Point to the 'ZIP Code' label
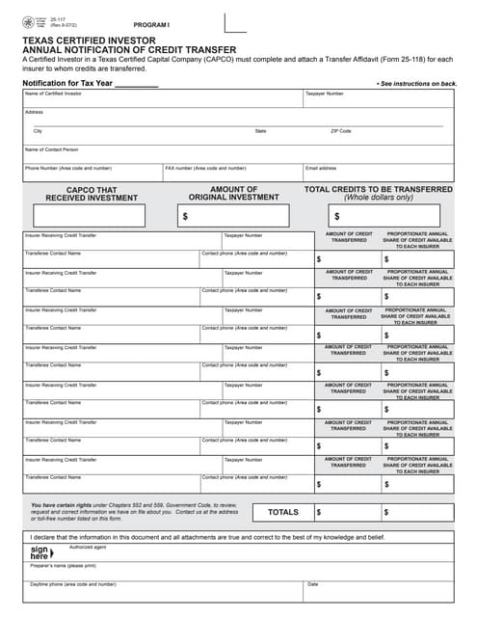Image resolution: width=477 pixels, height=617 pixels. click(x=341, y=130)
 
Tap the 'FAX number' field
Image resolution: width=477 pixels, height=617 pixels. click(x=231, y=174)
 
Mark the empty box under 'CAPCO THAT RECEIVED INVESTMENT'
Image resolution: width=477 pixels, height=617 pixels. click(x=92, y=216)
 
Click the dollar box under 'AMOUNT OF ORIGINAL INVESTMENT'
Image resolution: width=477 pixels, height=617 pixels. click(x=233, y=216)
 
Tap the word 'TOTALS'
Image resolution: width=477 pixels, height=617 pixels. click(x=282, y=512)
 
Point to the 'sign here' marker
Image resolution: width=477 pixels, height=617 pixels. click(x=39, y=552)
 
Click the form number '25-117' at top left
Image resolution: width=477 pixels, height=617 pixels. click(x=44, y=17)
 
